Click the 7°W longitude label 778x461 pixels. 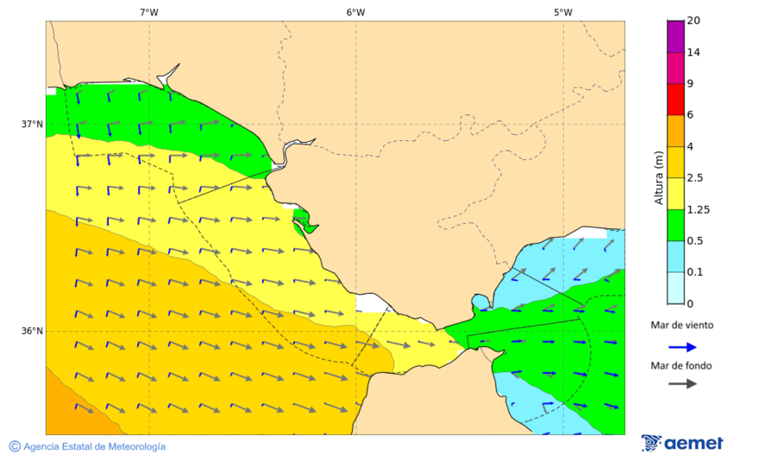pos(149,12)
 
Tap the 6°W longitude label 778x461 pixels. pos(355,12)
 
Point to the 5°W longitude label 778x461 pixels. pos(563,12)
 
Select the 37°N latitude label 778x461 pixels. pos(32,124)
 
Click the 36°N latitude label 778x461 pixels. pos(32,330)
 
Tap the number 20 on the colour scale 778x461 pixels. pos(693,21)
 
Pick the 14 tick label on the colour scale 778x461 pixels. pos(693,52)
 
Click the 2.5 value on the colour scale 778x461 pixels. pos(694,178)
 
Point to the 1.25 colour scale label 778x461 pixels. pos(698,209)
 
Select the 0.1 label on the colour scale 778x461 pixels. pos(694,272)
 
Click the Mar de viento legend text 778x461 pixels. pos(682,325)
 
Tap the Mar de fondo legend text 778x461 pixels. pos(682,365)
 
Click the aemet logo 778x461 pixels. pos(683,443)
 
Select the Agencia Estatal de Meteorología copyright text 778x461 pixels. pos(87,446)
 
